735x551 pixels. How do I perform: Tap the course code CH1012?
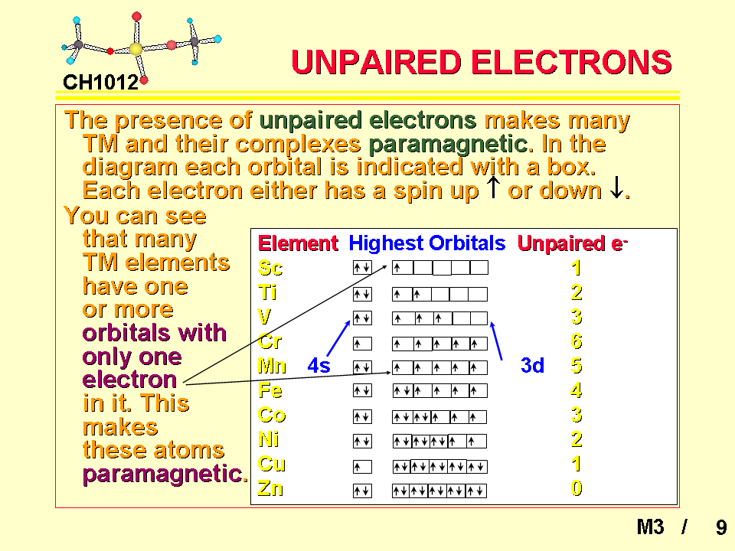100,83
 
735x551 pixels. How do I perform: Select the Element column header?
298,243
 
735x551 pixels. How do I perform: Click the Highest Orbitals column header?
427,243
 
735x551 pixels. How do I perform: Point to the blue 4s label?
318,365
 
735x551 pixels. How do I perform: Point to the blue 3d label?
533,365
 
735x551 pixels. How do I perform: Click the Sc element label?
270,268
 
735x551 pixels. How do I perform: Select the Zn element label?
270,489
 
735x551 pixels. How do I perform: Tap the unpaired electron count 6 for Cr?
577,341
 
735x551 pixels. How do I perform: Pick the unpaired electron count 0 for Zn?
577,488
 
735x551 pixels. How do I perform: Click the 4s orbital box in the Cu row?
362,467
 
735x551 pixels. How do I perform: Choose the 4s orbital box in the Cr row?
362,344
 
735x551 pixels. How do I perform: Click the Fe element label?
270,390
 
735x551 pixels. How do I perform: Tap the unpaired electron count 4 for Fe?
577,390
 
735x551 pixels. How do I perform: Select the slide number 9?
721,527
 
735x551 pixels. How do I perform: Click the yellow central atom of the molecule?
136,49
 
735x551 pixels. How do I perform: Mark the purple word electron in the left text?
129,380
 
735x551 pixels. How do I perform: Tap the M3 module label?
650,527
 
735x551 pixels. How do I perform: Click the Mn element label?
272,366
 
